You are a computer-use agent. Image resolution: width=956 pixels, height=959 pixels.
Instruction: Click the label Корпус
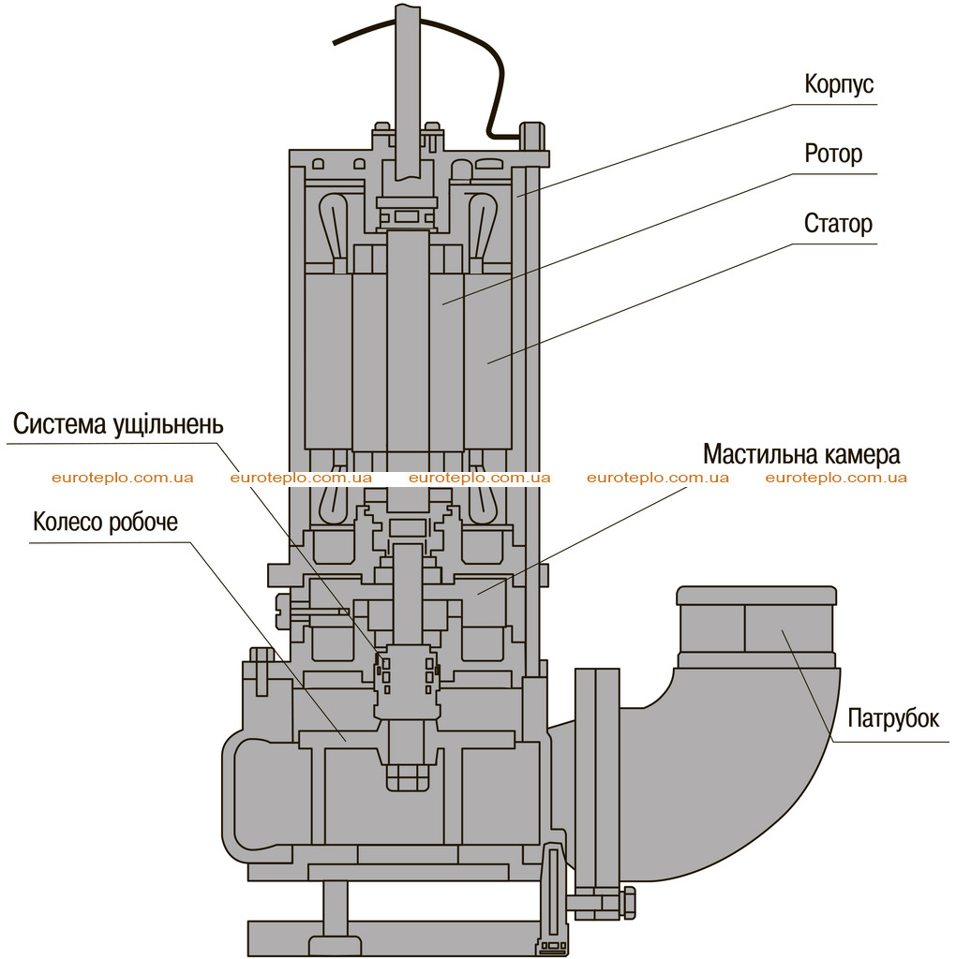point(839,83)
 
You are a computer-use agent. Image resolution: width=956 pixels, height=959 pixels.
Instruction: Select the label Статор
point(838,223)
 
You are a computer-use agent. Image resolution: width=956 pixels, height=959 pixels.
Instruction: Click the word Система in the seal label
point(59,423)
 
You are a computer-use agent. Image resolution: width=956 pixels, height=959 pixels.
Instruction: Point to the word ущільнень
point(168,424)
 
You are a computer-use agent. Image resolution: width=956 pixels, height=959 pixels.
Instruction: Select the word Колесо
point(67,522)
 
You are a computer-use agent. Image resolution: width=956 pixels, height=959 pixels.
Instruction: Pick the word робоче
point(143,523)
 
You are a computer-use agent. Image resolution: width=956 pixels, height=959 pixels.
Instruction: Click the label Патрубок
point(893,718)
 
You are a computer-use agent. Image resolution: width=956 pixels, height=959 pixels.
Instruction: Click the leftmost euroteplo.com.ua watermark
point(123,478)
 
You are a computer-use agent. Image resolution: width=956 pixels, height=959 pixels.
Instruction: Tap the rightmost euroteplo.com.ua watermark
point(836,478)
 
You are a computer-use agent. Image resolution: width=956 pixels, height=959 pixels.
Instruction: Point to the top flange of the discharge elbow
point(756,595)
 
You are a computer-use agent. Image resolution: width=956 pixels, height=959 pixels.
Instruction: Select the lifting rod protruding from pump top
point(408,92)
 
